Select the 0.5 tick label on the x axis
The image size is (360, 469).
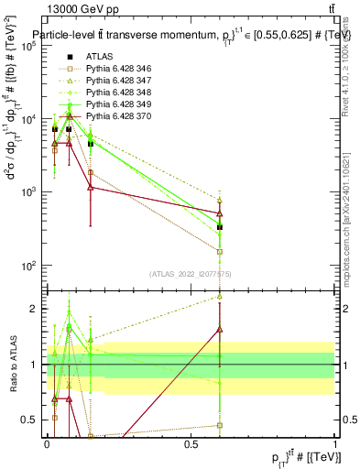[191, 443]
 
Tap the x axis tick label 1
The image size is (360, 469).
[335, 443]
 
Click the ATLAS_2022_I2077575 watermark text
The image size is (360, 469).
[190, 274]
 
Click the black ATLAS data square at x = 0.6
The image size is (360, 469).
[220, 226]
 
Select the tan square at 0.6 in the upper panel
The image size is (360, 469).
[220, 251]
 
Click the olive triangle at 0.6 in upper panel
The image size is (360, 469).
[220, 200]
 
